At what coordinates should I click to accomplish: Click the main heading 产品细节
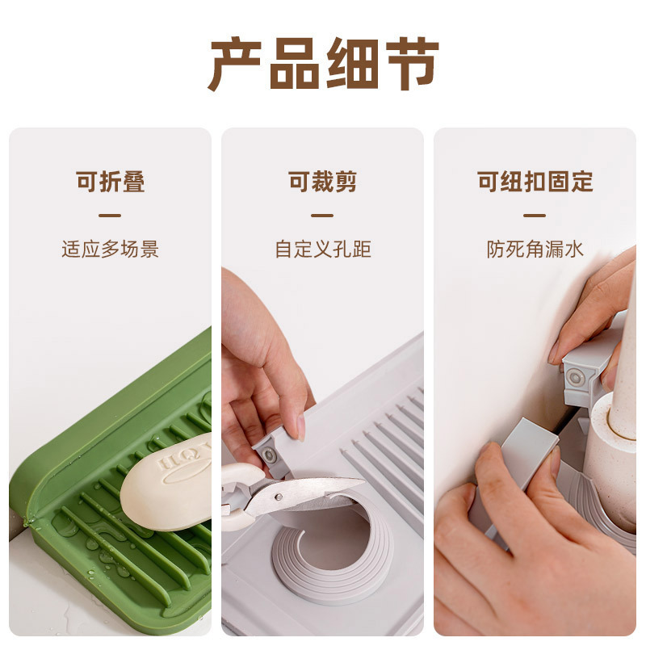323,63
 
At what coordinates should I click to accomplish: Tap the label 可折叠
111,182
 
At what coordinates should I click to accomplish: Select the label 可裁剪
322,182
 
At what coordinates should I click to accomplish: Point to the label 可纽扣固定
535,182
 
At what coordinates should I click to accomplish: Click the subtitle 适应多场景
111,249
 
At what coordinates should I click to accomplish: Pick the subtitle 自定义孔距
322,249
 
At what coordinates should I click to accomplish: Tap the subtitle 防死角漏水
535,249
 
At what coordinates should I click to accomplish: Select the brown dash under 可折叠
110,216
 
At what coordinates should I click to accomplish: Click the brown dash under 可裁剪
322,216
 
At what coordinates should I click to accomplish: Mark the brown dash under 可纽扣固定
535,216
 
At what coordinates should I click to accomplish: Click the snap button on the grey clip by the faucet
575,377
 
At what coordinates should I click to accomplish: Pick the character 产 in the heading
235,63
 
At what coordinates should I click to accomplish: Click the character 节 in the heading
411,63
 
